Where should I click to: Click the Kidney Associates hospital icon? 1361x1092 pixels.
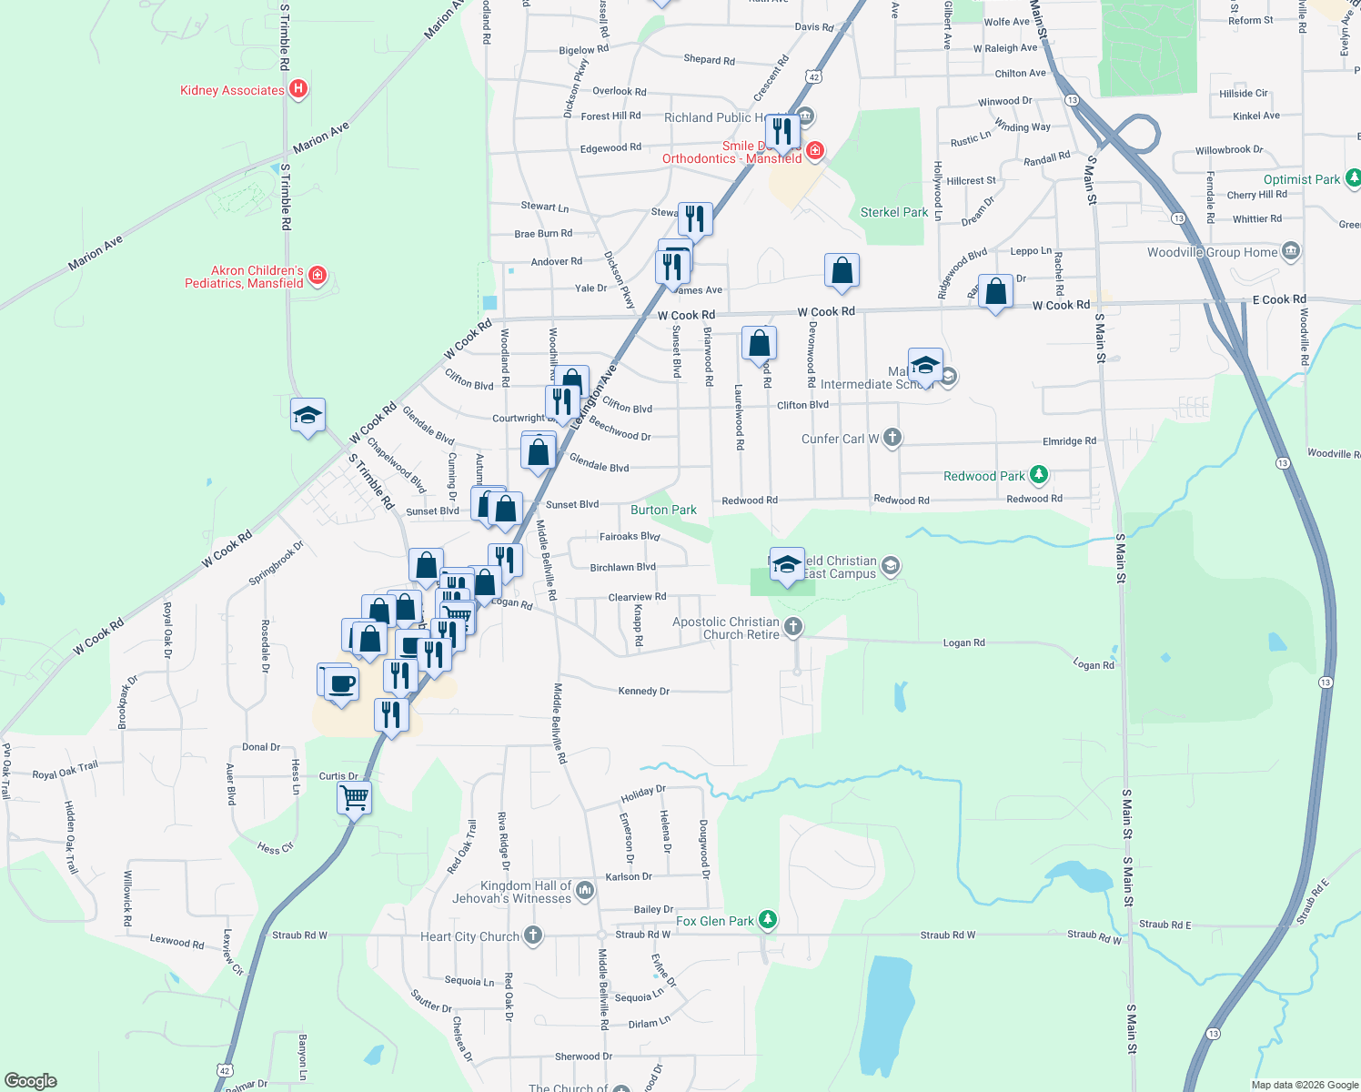[x=297, y=89]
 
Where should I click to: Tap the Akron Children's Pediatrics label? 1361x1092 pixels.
[x=244, y=277]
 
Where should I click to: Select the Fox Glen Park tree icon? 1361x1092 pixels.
[x=769, y=920]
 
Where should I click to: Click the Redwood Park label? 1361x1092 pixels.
[x=983, y=476]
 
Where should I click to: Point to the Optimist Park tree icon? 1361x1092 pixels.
[x=1354, y=178]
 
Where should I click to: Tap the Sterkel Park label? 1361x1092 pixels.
[x=894, y=212]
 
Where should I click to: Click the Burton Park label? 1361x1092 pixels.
[x=663, y=510]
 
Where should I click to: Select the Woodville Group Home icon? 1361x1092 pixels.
[x=1290, y=251]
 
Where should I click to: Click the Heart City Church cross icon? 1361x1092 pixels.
[x=533, y=935]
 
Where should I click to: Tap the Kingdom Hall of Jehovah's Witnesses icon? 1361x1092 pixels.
[x=586, y=890]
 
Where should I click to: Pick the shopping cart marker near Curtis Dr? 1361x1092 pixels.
[x=354, y=798]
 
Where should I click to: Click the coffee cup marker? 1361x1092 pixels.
[x=341, y=683]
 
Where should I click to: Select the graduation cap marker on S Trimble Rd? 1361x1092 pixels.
[x=307, y=416]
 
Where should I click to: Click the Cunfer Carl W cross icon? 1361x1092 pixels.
[x=892, y=438]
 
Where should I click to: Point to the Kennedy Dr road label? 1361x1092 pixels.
[x=643, y=691]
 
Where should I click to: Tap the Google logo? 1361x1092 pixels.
[x=31, y=1081]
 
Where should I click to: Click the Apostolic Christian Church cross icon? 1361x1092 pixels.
[x=793, y=626]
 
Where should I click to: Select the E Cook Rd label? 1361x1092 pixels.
[x=1278, y=299]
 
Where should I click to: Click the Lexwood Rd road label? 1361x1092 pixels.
[x=176, y=942]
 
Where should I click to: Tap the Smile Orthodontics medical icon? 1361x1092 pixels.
[x=816, y=150]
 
